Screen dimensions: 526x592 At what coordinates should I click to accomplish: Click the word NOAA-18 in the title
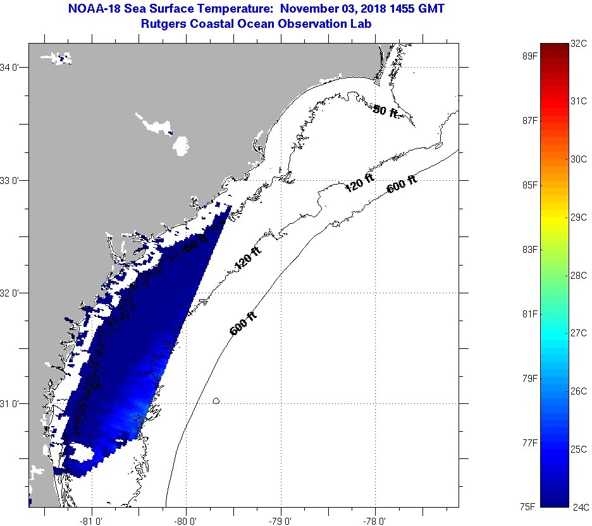coord(90,9)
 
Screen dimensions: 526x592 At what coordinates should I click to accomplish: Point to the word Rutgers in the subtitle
coord(166,23)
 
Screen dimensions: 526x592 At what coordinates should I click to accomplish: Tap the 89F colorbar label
coord(529,56)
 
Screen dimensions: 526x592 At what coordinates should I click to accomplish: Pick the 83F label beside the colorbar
coord(529,250)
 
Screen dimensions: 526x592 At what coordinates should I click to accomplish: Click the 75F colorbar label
coord(529,506)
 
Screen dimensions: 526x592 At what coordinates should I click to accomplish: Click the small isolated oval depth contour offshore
coord(217,401)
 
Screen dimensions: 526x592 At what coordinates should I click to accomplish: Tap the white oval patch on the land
coord(182,146)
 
